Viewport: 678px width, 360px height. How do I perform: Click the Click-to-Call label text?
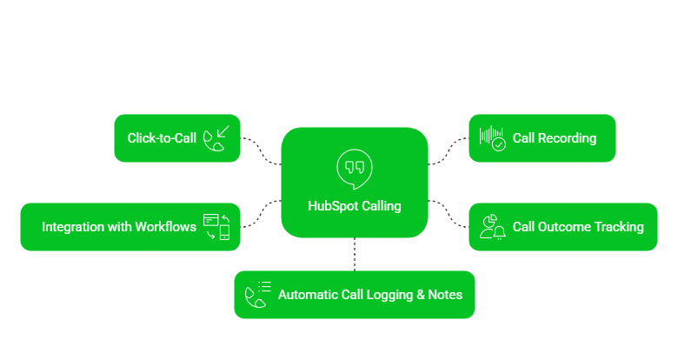pyautogui.click(x=162, y=138)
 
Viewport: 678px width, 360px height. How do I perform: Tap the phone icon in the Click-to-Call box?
pyautogui.click(x=216, y=138)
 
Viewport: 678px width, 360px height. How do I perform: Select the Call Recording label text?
pyautogui.click(x=555, y=138)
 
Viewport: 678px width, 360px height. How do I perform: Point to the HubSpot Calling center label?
pyautogui.click(x=355, y=206)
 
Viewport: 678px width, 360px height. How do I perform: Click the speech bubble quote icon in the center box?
pyautogui.click(x=354, y=168)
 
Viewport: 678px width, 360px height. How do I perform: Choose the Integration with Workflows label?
pyautogui.click(x=119, y=227)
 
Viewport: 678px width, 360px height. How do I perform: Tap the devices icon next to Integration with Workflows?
pyautogui.click(x=216, y=227)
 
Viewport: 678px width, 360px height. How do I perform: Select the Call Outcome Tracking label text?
pyautogui.click(x=578, y=227)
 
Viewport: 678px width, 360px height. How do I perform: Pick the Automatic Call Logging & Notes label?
pyautogui.click(x=370, y=295)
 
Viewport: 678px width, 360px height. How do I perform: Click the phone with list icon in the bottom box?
pyautogui.click(x=257, y=295)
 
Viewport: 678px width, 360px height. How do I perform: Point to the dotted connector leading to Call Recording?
pyautogui.click(x=449, y=150)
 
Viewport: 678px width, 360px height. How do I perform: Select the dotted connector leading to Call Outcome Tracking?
pyautogui.click(x=449, y=214)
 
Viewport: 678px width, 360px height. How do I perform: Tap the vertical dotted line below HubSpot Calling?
pyautogui.click(x=355, y=254)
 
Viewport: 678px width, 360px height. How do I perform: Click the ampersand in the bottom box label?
pyautogui.click(x=421, y=295)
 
